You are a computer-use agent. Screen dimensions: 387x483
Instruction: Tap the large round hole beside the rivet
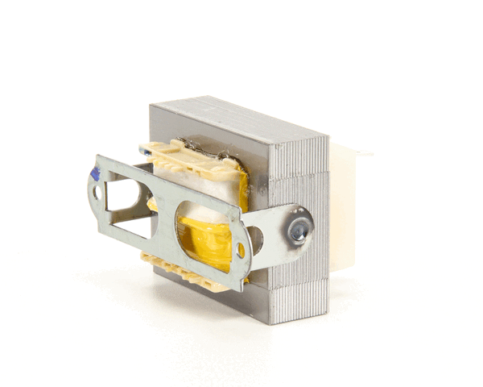[256, 239]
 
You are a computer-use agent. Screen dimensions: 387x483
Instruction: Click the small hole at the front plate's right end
[241, 251]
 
